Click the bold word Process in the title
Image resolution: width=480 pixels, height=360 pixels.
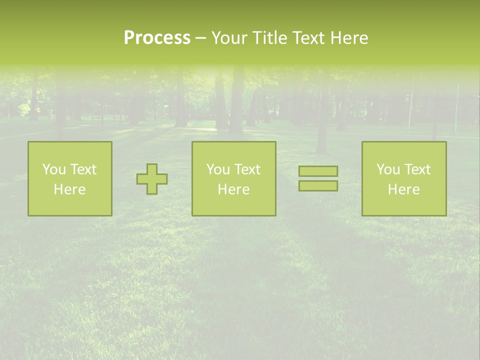coord(157,38)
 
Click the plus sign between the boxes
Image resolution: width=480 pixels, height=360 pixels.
coord(152,179)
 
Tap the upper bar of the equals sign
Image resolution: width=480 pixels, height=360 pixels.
coord(318,171)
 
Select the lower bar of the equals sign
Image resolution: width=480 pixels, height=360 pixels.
coord(318,185)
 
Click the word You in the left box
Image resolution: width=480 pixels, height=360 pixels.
coord(54,169)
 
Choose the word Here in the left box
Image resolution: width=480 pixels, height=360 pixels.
coord(69,189)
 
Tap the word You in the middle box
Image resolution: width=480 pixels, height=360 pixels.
coord(218,169)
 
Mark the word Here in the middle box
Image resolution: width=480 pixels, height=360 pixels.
coord(233,189)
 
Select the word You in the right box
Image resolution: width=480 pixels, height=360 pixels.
coord(388,169)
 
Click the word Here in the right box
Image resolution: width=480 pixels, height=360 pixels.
coord(403,189)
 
